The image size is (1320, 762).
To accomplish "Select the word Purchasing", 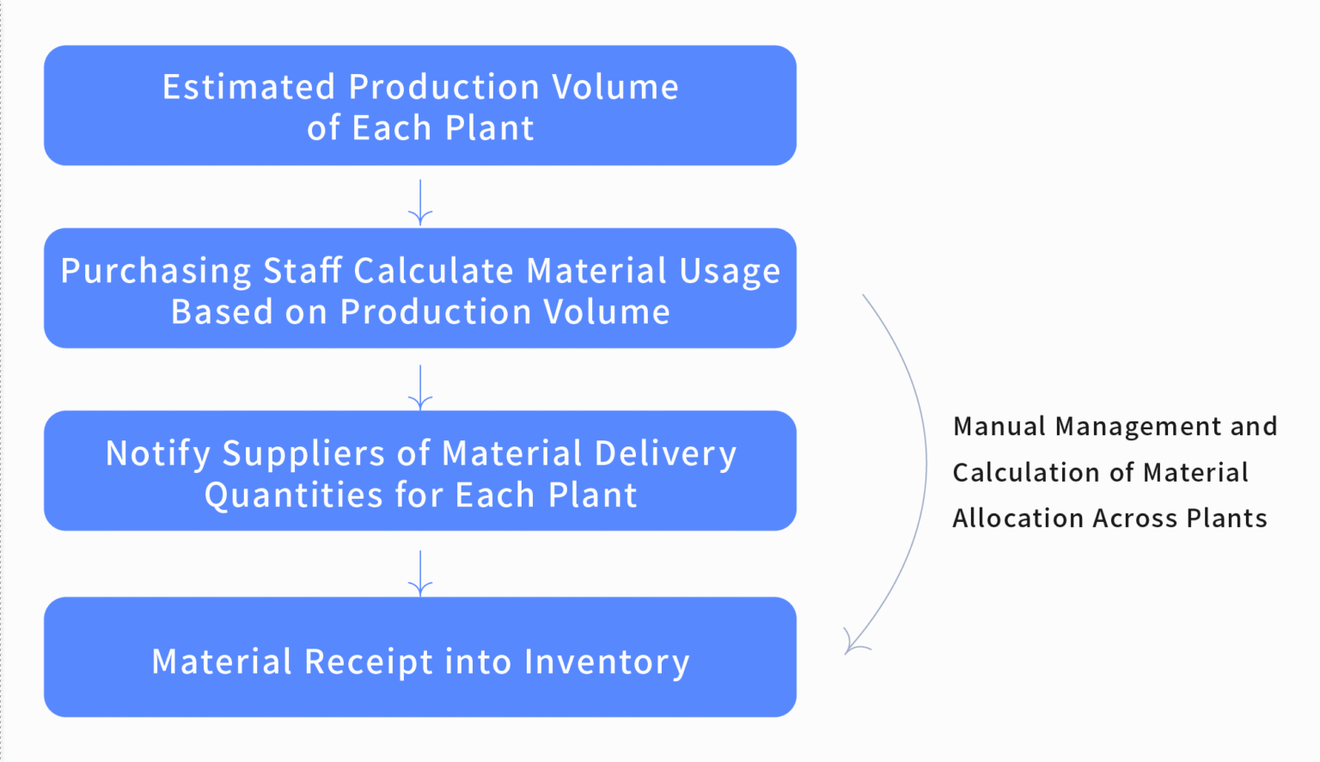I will (156, 272).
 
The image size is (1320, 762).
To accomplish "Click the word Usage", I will (730, 272).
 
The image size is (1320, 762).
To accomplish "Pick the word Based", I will (221, 311).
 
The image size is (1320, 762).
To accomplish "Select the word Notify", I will (158, 454).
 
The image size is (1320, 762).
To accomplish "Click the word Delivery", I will (665, 454).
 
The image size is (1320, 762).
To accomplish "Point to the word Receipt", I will (369, 662).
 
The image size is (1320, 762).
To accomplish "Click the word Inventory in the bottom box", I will (607, 662).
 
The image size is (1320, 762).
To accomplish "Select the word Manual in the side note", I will (999, 427).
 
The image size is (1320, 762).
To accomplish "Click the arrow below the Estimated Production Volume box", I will (420, 202).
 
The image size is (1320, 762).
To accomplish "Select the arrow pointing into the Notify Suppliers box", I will (420, 387).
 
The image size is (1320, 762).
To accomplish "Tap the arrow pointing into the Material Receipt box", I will (420, 574).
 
